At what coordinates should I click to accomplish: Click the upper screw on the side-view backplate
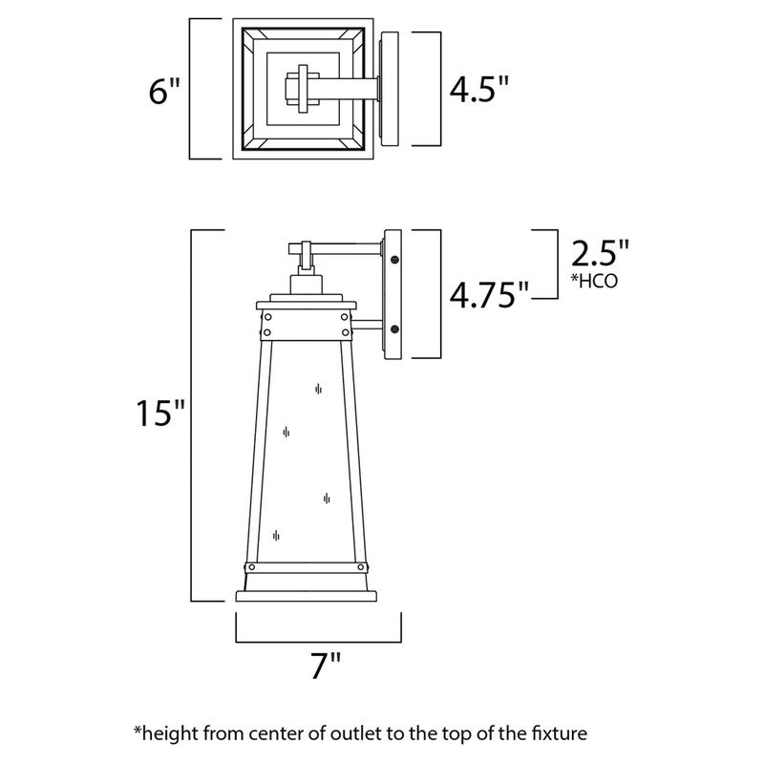(x=394, y=256)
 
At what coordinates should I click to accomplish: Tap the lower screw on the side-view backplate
(x=394, y=329)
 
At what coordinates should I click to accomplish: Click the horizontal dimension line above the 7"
(x=318, y=641)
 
